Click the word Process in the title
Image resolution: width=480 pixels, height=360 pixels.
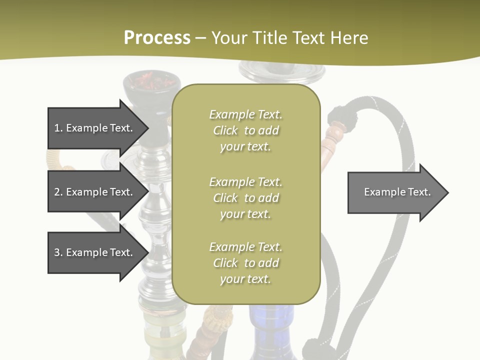(157, 38)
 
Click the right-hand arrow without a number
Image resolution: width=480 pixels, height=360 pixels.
(397, 192)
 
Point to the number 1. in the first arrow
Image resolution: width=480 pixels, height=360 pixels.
(58, 128)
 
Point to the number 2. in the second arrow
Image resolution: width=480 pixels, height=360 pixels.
(58, 192)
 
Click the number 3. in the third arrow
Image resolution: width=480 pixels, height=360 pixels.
(58, 252)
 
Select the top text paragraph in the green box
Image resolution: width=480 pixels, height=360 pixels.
(245, 130)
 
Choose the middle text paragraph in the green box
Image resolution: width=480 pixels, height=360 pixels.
(245, 197)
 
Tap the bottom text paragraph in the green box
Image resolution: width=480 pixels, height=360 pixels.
(245, 263)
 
